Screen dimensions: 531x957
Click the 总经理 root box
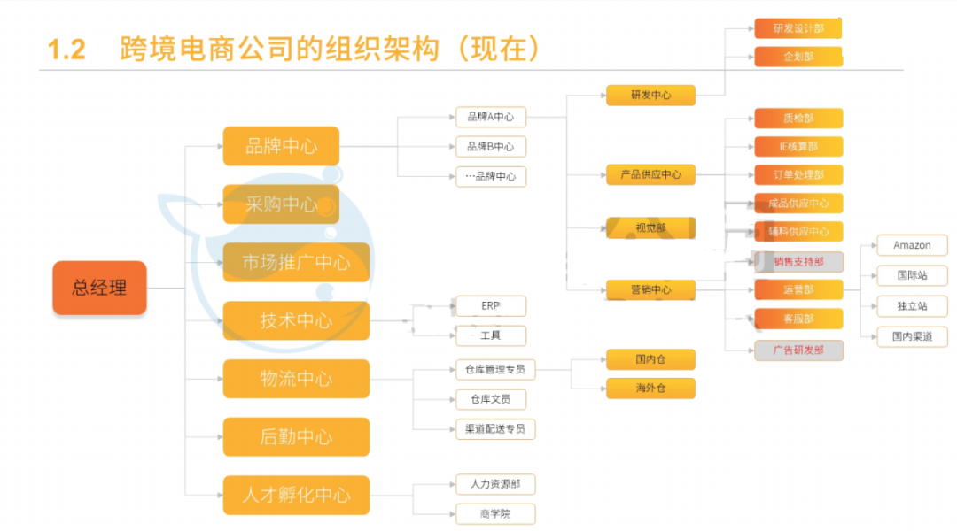99,288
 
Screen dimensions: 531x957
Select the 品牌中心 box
281,146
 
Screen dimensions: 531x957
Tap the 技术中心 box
296,320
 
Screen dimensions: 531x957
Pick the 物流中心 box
296,379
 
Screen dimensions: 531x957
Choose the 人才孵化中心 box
296,495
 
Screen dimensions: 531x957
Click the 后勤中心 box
296,437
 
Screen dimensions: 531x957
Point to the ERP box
491,306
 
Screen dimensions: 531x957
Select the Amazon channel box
912,245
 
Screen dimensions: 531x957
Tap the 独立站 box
912,306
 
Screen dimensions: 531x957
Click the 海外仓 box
650,389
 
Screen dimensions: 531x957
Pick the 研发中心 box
650,96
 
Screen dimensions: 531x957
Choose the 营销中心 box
650,289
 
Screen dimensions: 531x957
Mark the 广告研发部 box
798,350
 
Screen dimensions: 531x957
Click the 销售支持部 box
798,261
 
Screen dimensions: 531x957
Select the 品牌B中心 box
491,146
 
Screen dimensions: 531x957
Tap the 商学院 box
495,513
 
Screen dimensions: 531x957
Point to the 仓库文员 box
491,399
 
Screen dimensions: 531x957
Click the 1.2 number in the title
66,50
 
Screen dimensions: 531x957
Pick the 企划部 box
798,57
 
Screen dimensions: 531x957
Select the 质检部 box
798,119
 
